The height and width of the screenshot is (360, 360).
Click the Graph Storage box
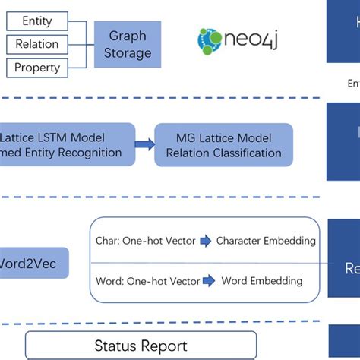click(127, 44)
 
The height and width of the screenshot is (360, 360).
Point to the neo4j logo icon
click(210, 40)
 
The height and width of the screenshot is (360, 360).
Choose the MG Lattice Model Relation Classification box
click(217, 145)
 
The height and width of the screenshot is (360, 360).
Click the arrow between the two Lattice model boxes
click(144, 145)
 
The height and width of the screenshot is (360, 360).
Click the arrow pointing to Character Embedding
click(206, 241)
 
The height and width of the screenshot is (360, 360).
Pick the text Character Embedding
click(266, 241)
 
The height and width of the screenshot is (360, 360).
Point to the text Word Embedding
click(261, 281)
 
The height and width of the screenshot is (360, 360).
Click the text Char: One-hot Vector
click(146, 241)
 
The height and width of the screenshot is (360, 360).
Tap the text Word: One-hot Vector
click(148, 281)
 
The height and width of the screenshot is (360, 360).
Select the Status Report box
click(141, 346)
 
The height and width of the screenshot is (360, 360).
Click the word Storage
click(128, 53)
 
